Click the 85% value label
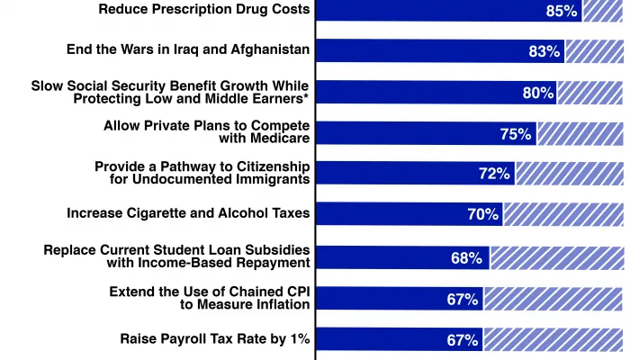pos(561,11)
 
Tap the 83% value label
pos(544,51)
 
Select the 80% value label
pos(537,92)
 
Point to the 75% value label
pos(515,133)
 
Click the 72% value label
pos(494,174)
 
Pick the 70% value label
pos(482,214)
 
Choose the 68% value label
pos(467,258)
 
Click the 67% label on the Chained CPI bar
pos(463,300)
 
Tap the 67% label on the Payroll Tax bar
pos(463,340)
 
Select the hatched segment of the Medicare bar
pos(580,133)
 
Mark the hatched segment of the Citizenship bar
pos(569,174)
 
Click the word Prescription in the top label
pos(192,9)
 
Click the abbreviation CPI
pos(293,292)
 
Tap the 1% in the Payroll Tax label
pos(300,339)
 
